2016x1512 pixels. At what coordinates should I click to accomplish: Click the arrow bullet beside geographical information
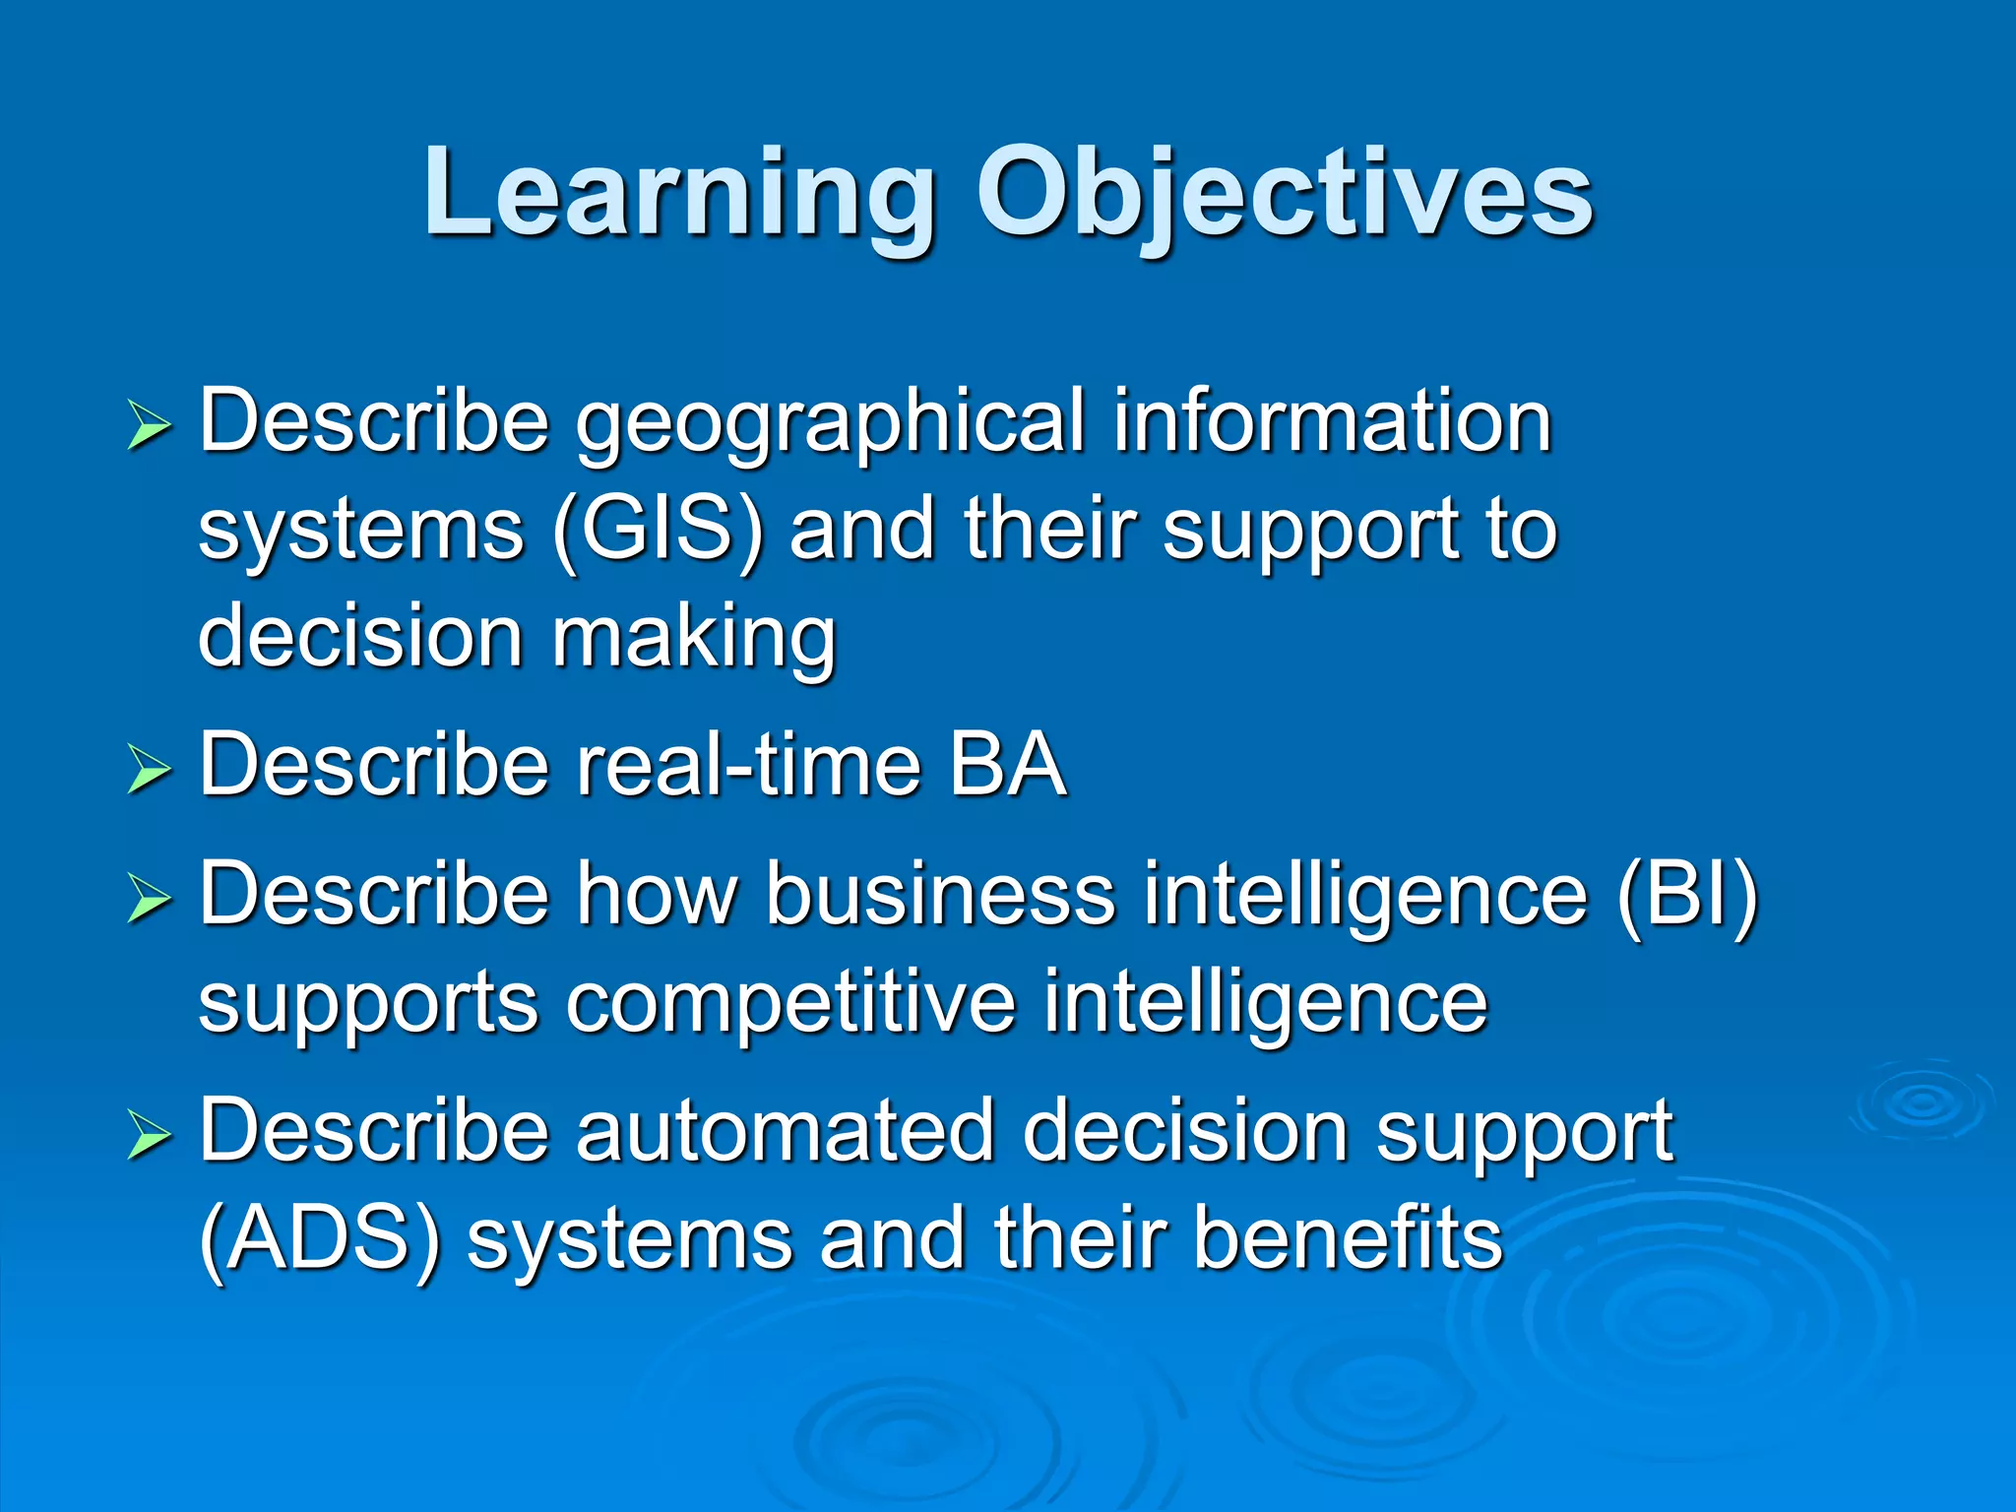(149, 428)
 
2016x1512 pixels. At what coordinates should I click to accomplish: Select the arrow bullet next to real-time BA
(149, 770)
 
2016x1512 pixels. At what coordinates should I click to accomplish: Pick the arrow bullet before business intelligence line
(149, 899)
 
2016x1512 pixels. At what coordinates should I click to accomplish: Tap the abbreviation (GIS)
(658, 531)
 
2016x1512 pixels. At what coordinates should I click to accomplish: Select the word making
(694, 638)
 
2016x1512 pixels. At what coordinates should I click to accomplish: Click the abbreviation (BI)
(1686, 896)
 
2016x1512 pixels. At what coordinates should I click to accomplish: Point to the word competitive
(790, 1002)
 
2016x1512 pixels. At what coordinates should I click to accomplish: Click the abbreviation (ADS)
(319, 1239)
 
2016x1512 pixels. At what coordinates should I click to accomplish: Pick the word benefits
(1348, 1237)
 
